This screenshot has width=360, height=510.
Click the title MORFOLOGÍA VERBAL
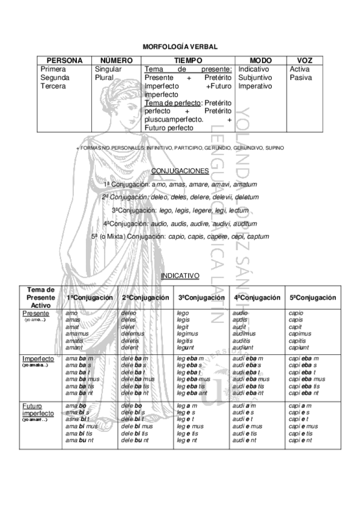180,46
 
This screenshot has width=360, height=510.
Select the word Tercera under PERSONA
53,87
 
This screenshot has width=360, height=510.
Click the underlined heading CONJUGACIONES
180,171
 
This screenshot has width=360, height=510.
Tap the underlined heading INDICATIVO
180,276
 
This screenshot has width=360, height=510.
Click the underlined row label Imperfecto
38,359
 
